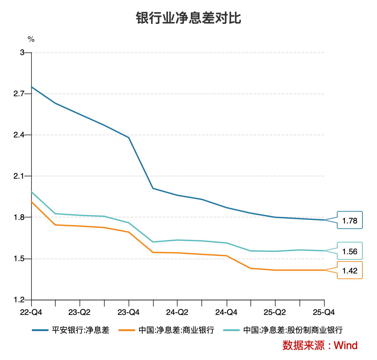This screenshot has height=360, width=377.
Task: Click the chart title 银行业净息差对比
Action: [x=188, y=19]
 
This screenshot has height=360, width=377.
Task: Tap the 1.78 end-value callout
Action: [x=350, y=220]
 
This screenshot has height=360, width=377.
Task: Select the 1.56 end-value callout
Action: [x=350, y=251]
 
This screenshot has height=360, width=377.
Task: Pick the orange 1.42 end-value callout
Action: [x=350, y=270]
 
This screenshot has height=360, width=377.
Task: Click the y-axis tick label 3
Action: [x=22, y=52]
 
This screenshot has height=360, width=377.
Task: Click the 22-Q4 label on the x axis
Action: [x=31, y=312]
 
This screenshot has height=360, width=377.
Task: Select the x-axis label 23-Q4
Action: [x=129, y=312]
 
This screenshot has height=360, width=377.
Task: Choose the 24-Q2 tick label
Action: [x=177, y=312]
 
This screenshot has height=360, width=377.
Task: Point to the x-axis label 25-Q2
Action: [x=275, y=312]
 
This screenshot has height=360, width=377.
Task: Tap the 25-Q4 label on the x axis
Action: [x=324, y=312]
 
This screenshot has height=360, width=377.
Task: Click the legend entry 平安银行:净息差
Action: [x=81, y=330]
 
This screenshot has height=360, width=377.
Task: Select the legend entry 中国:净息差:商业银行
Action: [x=176, y=330]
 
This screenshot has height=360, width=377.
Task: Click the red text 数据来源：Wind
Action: [x=320, y=345]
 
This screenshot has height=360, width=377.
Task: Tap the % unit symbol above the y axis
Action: [x=31, y=39]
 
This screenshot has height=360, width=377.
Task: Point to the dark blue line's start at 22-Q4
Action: [x=31, y=87]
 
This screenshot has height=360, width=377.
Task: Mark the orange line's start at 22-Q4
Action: [x=31, y=202]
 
